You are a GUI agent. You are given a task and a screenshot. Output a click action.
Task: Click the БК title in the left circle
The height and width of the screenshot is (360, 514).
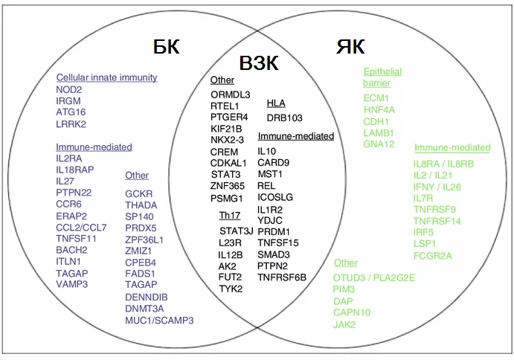pos(166,46)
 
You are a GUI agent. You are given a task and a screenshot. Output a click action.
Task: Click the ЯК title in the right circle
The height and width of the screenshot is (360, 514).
pos(350,46)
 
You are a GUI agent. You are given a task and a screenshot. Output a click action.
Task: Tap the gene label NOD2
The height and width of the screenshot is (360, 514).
pos(69,89)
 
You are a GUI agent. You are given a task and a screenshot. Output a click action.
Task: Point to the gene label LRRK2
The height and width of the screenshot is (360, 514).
pos(71,124)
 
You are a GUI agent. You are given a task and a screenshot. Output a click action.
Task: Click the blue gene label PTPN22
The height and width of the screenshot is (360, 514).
pos(74,193)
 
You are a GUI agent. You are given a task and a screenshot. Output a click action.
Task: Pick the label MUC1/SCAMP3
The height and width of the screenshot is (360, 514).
pos(159,320)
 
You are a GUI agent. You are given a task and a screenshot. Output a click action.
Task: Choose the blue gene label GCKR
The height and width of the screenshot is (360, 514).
pos(139,193)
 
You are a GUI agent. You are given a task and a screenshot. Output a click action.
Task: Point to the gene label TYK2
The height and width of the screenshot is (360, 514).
pos(231,289)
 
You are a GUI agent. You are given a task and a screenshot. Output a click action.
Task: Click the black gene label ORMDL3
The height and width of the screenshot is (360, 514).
pos(231,94)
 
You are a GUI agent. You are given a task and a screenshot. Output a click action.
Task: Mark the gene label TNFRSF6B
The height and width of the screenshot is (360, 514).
pos(282,277)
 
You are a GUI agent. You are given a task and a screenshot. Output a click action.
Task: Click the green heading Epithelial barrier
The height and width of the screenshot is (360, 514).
pos(382,77)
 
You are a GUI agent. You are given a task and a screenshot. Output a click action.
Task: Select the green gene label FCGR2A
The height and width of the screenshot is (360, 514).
pos(432,255)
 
